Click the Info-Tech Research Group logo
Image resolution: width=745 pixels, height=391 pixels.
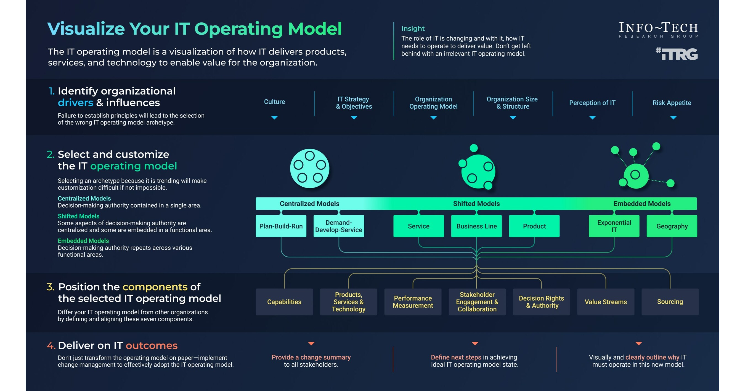[x=658, y=30]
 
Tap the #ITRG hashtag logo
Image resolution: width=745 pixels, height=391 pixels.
[x=677, y=54]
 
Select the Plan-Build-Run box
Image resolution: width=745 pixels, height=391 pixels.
[x=281, y=226]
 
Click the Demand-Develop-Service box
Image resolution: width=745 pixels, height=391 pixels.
[x=339, y=226]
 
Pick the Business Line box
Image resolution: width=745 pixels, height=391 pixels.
[x=476, y=226]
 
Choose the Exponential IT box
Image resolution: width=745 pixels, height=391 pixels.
[x=614, y=226]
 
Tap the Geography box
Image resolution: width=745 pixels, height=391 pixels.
[x=672, y=226]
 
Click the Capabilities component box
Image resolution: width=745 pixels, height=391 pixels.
[x=284, y=302]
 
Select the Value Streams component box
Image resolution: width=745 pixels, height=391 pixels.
[x=606, y=302]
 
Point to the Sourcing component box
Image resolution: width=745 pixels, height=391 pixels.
[x=670, y=302]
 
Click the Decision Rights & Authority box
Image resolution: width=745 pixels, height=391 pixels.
[x=541, y=302]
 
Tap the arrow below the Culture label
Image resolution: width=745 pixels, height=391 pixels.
[x=274, y=118]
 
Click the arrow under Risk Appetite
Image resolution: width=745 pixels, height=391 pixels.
[x=673, y=118]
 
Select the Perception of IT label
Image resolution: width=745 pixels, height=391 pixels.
[x=592, y=103]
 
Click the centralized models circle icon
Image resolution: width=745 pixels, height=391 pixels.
[x=310, y=168]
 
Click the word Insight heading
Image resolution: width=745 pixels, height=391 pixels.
[x=413, y=28]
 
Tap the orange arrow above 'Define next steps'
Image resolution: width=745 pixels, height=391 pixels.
[x=475, y=343]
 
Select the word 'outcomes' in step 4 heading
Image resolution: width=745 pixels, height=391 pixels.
[x=152, y=346]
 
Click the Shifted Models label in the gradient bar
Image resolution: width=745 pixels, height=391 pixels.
[x=476, y=204]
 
